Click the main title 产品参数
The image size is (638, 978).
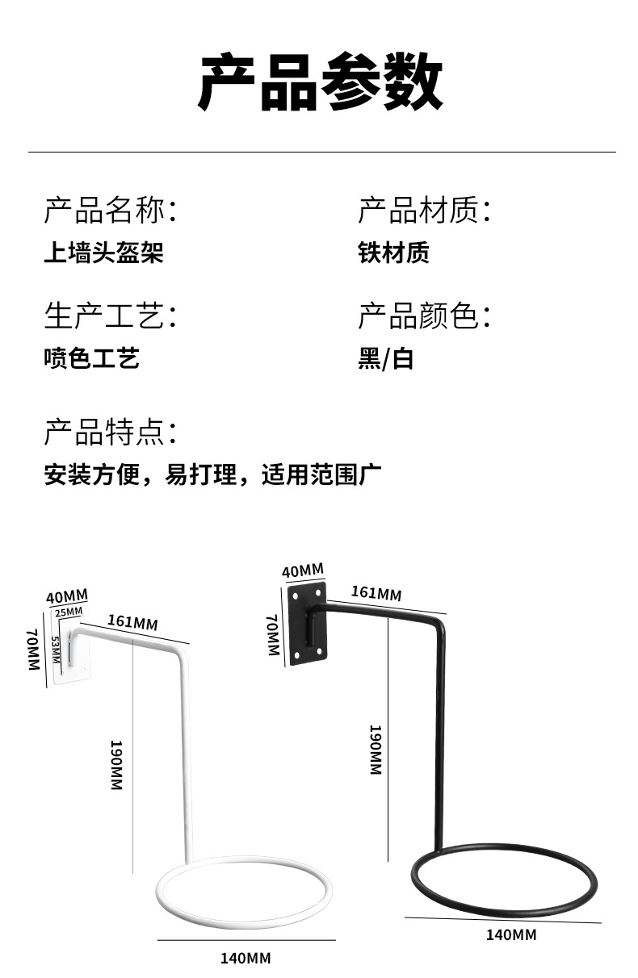[x=321, y=83]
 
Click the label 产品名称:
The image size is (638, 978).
[x=110, y=211]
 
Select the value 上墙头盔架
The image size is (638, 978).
[x=103, y=253]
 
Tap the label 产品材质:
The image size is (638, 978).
[x=425, y=211]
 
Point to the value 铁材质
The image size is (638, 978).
[x=393, y=253]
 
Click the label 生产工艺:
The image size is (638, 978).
[x=110, y=316]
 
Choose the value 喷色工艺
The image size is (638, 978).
[x=91, y=357]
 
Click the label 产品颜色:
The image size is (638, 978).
[x=425, y=316]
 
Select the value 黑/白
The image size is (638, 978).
[x=385, y=358]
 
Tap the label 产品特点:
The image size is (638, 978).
[x=110, y=433]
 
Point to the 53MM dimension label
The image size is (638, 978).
[x=56, y=650]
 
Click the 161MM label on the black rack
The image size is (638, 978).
[x=376, y=593]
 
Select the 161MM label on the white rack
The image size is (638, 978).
[x=132, y=621]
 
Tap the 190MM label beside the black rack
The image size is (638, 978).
[x=375, y=750]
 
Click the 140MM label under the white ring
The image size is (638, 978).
[x=246, y=959]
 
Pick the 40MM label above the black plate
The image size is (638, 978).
[x=302, y=571]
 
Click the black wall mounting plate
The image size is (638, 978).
[x=308, y=623]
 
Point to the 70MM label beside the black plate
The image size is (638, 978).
[x=272, y=635]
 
